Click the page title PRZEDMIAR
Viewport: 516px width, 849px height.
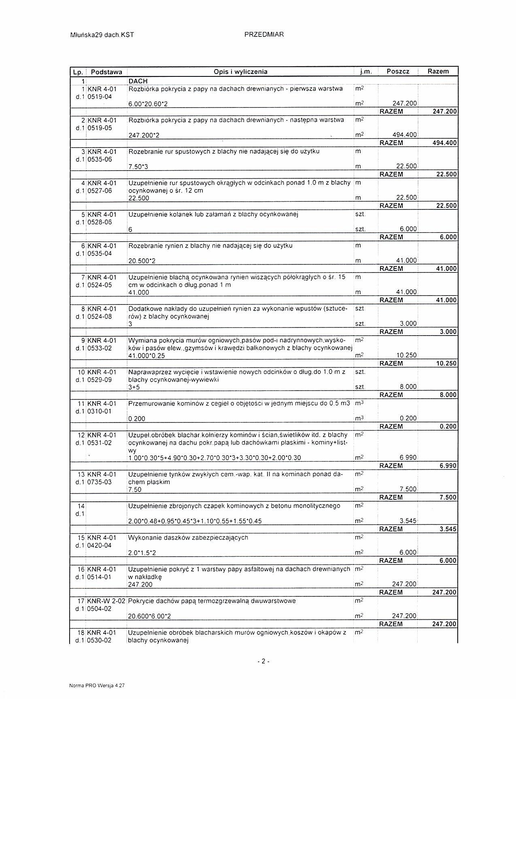[x=264, y=35]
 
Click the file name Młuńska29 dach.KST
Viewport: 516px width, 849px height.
[x=102, y=35]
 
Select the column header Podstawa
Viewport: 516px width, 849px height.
[x=106, y=72]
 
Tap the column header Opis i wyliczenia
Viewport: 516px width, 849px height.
[x=240, y=72]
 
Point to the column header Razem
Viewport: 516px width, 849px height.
[x=438, y=71]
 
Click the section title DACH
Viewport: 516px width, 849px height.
[x=138, y=81]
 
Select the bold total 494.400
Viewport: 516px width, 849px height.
[x=444, y=143]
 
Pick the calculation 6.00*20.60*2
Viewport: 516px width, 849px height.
[x=148, y=104]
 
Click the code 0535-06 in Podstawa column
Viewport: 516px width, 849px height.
[x=100, y=159]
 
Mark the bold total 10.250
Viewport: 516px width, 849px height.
[x=446, y=363]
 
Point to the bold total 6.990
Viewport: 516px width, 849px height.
[x=448, y=466]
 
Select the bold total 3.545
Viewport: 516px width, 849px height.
[x=448, y=529]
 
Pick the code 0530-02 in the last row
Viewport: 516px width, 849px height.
[x=100, y=640]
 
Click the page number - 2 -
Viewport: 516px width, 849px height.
[x=263, y=662]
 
